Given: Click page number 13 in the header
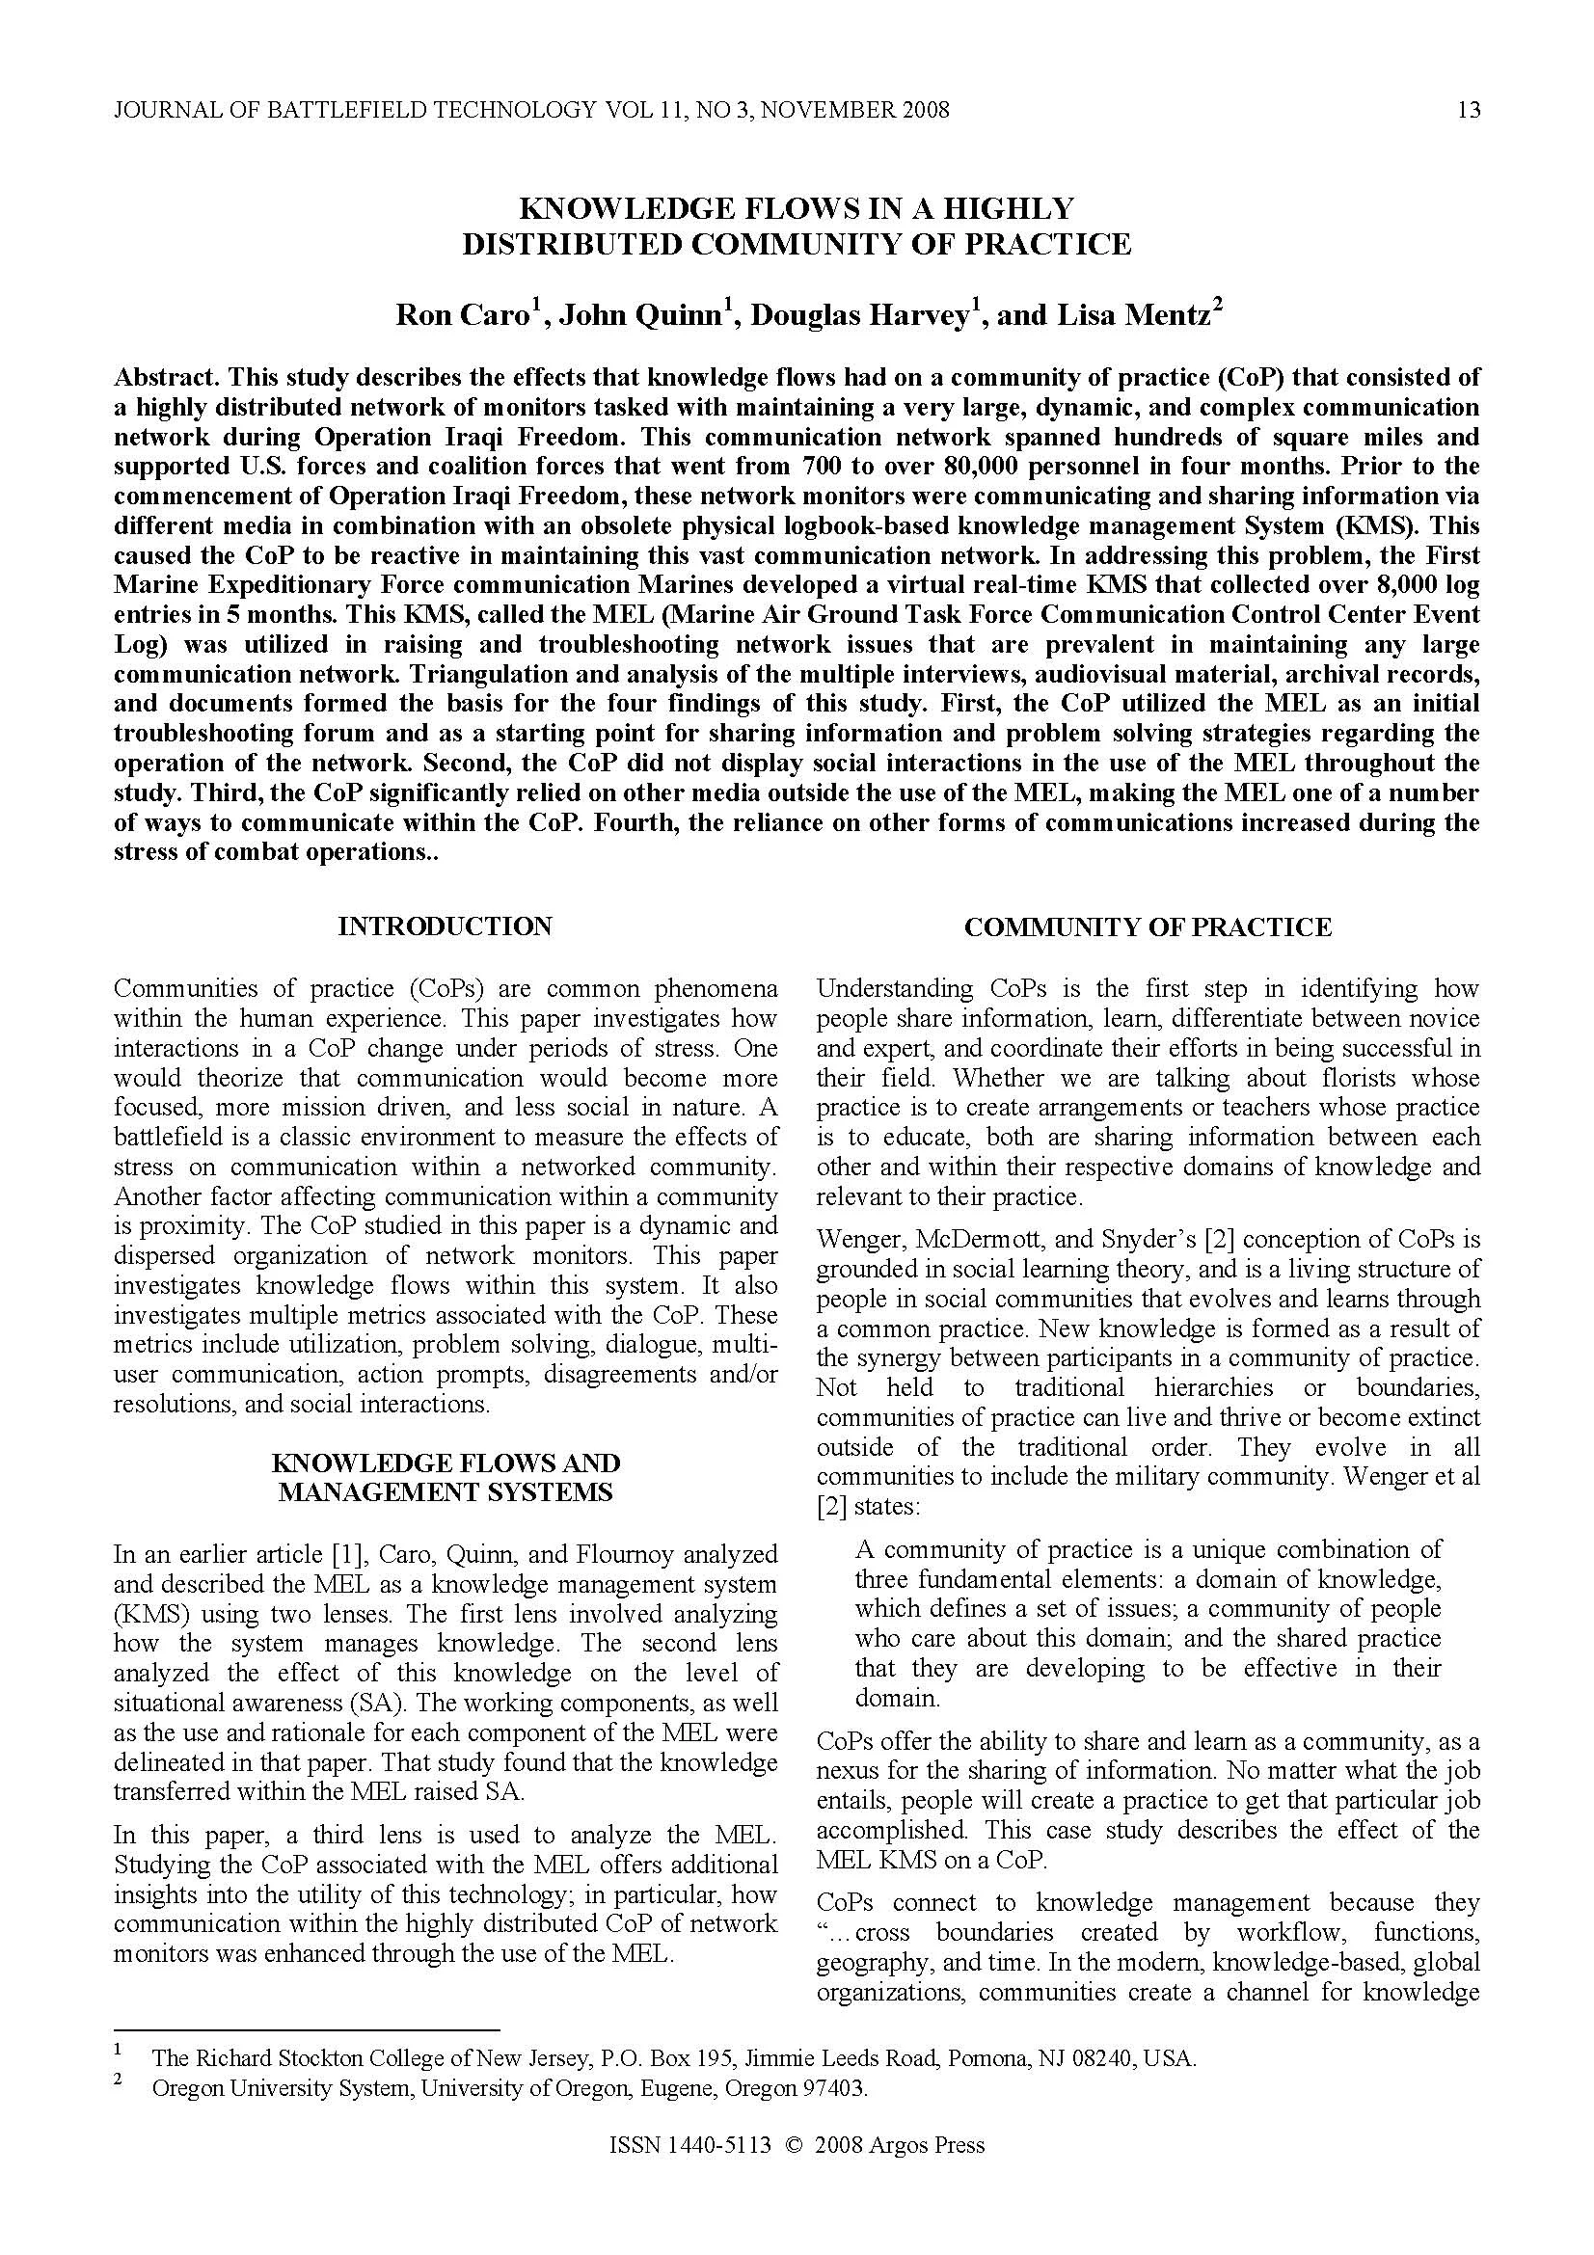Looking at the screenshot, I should click(x=1469, y=110).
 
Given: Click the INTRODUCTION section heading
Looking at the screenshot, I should click(x=445, y=926).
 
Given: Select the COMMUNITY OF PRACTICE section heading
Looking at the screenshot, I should click(x=1148, y=927).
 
